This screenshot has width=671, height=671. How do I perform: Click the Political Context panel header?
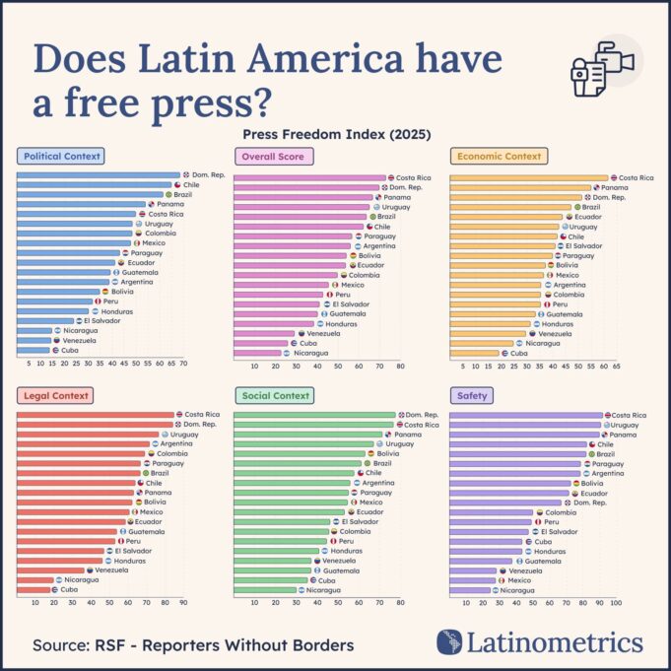61,156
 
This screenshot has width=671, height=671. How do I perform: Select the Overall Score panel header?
273,156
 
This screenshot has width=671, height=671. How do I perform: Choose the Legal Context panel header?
55,395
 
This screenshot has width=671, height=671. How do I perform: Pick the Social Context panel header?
274,395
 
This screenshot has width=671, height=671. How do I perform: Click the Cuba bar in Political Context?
34,350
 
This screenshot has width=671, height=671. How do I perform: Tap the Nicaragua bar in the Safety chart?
470,589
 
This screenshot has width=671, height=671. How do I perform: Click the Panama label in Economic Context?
615,187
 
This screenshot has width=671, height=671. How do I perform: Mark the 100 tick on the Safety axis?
616,602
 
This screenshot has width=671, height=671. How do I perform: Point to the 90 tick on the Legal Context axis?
182,602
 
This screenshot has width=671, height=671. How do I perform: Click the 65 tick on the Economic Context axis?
616,364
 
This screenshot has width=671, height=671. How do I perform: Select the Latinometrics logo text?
554,643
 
